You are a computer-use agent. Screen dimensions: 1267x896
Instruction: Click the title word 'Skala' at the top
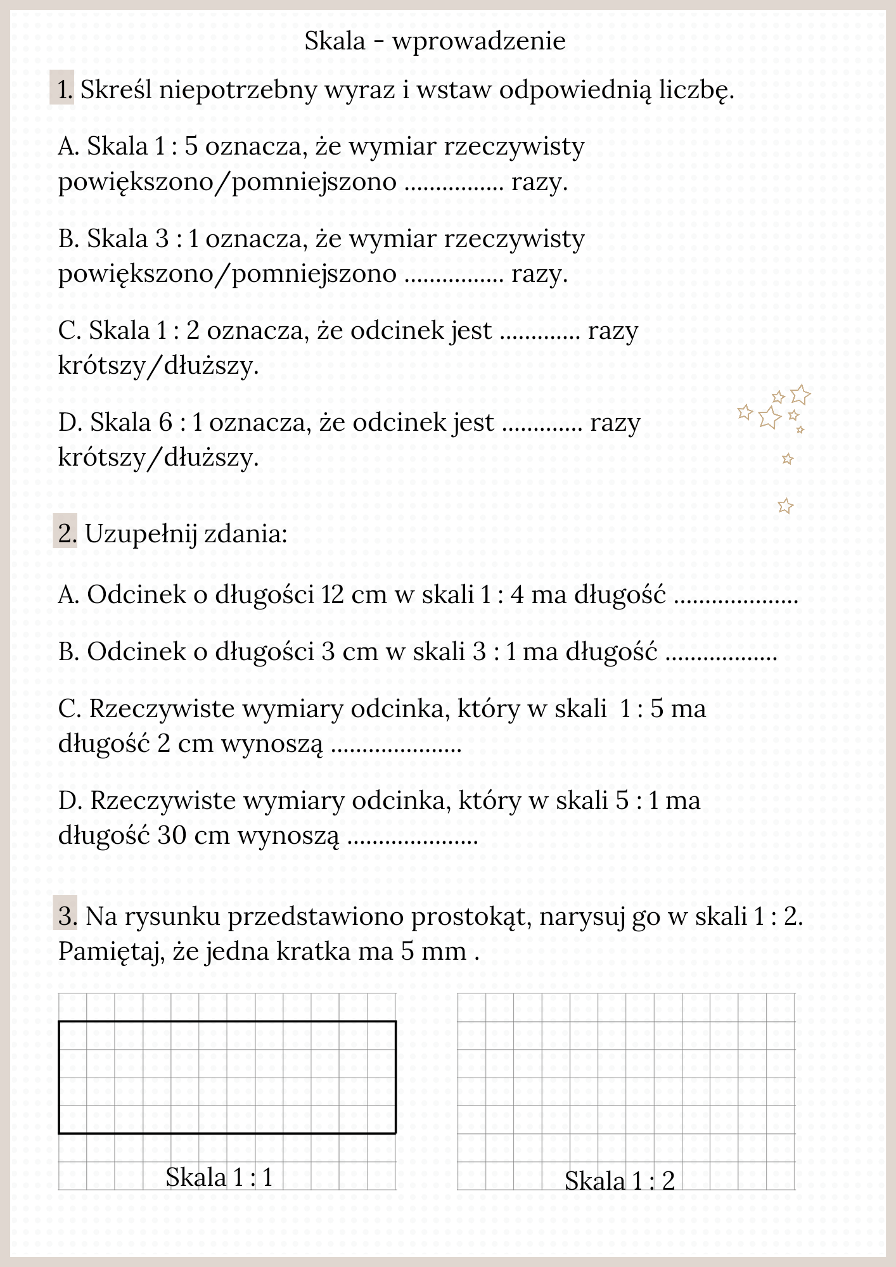pyautogui.click(x=335, y=41)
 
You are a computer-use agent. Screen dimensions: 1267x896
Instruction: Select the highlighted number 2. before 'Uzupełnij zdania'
pyautogui.click(x=66, y=533)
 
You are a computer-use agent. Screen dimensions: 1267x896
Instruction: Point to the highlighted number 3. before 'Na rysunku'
pyautogui.click(x=66, y=916)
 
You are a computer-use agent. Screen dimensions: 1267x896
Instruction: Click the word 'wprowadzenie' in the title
pyautogui.click(x=478, y=41)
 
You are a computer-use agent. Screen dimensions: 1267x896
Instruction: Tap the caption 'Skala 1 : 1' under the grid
pyautogui.click(x=219, y=1177)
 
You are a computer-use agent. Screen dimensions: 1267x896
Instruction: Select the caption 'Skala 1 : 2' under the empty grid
pyautogui.click(x=619, y=1181)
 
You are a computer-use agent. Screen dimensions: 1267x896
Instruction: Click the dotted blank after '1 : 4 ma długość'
pyautogui.click(x=735, y=599)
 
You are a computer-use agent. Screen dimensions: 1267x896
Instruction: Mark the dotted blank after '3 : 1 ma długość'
pyautogui.click(x=721, y=656)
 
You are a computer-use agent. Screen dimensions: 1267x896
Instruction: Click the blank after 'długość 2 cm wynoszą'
pyautogui.click(x=396, y=748)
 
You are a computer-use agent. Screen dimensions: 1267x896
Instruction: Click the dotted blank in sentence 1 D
pyautogui.click(x=542, y=426)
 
